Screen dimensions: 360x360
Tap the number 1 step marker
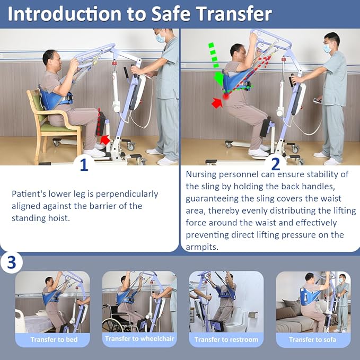pyautogui.click(x=84, y=165)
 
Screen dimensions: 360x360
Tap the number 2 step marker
pyautogui.click(x=275, y=164)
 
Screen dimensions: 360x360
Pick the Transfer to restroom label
pyautogui.click(x=226, y=339)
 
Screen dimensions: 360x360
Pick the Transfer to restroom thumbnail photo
pyautogui.click(x=226, y=302)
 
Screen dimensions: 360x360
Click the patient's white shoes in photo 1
pyautogui.click(x=94, y=152)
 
